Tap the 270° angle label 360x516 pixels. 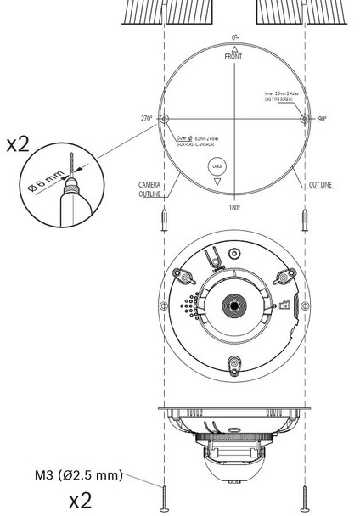coord(146,119)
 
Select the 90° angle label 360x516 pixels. coord(323,120)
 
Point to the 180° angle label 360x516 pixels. coord(233,207)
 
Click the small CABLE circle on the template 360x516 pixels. coord(217,168)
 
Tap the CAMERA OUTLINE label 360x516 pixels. coord(151,188)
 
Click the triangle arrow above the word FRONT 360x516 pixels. coord(233,48)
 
